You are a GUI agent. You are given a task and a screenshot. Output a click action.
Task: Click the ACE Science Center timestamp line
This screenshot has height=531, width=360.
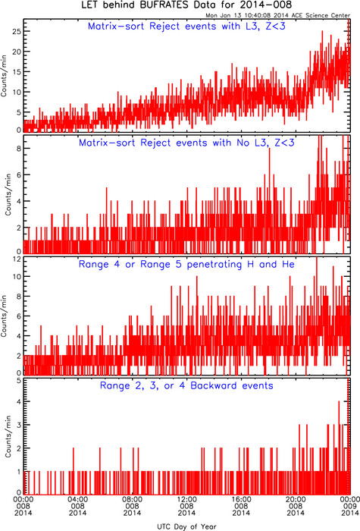point(278,15)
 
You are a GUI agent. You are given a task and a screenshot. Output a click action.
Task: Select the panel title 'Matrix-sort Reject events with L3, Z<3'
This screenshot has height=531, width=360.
point(186,26)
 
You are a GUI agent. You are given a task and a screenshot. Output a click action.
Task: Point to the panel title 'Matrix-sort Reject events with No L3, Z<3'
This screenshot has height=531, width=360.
point(186,143)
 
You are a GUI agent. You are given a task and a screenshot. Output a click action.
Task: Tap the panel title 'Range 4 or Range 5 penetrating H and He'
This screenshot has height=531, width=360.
point(186,264)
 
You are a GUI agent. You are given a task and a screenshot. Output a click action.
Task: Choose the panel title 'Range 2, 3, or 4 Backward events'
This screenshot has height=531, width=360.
point(186,385)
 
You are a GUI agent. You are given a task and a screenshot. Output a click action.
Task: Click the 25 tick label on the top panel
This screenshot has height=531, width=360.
point(17,31)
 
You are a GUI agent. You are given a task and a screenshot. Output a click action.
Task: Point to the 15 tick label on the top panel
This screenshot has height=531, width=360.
point(17,72)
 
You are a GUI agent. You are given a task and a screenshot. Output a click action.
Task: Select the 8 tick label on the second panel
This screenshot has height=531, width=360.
point(19,149)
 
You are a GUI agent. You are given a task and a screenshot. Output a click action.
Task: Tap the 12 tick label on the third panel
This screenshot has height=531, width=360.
point(17,259)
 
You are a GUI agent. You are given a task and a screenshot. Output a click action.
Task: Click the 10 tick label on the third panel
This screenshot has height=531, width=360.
point(17,276)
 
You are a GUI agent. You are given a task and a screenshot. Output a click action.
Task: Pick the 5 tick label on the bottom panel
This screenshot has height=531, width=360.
point(19,381)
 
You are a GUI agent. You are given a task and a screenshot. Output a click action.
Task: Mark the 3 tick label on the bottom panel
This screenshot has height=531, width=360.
point(19,425)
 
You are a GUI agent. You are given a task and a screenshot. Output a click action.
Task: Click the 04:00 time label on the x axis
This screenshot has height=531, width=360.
point(77,499)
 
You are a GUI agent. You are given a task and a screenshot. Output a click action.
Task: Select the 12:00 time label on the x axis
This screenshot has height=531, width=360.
point(186,499)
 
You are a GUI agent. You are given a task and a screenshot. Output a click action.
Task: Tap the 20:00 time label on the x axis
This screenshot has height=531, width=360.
point(296,499)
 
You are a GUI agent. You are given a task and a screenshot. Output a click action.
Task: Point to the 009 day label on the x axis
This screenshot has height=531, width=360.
point(349,506)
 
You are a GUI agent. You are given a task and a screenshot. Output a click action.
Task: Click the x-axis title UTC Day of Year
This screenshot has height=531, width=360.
point(186,526)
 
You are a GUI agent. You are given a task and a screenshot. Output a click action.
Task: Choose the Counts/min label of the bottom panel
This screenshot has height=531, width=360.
point(8,436)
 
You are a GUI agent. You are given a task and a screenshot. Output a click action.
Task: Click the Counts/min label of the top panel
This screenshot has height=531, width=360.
point(4,76)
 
